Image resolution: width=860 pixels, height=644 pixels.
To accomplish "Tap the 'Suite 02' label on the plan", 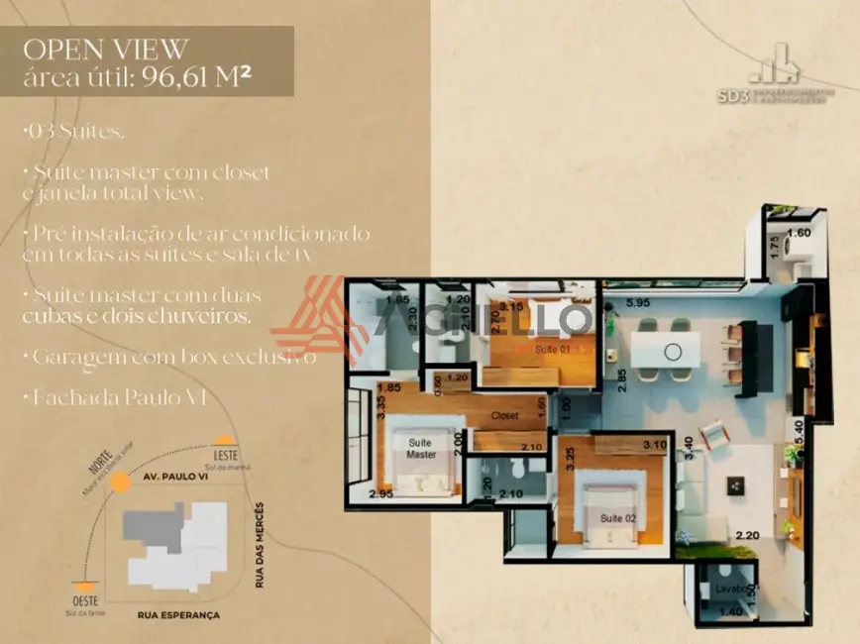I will point(616,518).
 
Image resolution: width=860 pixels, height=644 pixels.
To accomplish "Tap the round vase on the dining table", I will point(673,351).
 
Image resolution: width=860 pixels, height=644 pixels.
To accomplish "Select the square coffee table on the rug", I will point(736,485).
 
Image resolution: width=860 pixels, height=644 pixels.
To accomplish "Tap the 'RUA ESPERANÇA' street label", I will point(178,615).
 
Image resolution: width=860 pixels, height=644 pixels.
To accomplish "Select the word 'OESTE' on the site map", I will point(86,599).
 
